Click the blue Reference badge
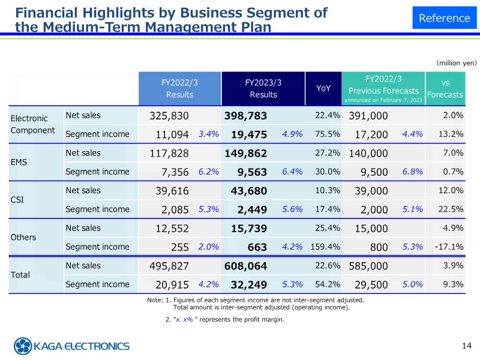click(444, 18)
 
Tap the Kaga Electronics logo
click(72, 346)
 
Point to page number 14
click(467, 345)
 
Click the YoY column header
click(323, 88)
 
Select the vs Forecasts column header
click(445, 88)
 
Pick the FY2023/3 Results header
click(263, 88)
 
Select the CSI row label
click(18, 200)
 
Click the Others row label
click(23, 237)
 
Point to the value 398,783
click(245, 115)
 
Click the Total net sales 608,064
click(245, 266)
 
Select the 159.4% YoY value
click(326, 247)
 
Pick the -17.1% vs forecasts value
click(449, 247)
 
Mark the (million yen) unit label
click(456, 62)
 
